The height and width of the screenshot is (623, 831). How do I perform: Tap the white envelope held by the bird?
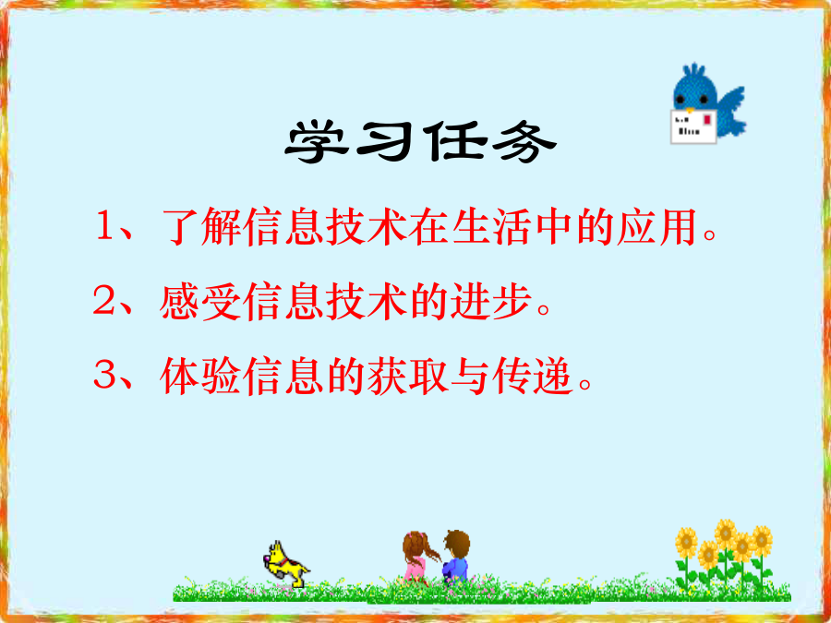click(693, 126)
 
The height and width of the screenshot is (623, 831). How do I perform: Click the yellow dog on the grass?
click(285, 565)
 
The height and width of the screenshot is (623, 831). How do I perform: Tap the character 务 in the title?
click(524, 141)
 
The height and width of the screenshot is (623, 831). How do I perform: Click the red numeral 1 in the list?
click(103, 227)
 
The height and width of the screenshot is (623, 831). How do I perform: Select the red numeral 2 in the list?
click(102, 301)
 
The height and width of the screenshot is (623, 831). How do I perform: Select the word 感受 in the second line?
click(200, 302)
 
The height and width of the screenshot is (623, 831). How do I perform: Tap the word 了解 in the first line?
click(200, 228)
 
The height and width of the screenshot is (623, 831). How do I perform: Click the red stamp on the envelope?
click(707, 120)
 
